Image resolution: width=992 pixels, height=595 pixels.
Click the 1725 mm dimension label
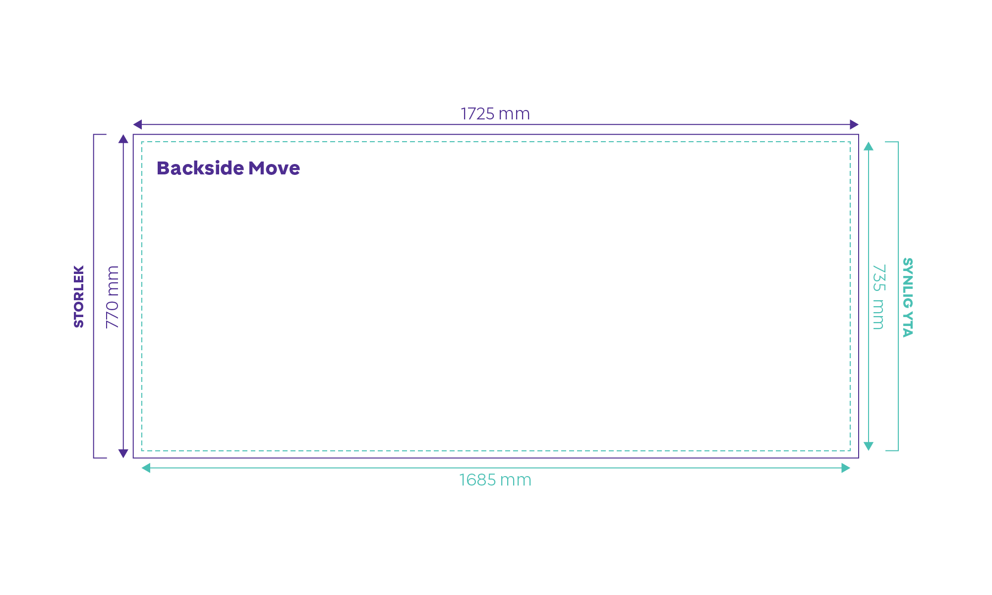click(495, 114)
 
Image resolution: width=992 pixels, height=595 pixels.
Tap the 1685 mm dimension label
click(495, 480)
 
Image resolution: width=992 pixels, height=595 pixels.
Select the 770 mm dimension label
click(113, 297)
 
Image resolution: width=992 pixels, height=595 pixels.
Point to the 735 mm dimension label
click(878, 297)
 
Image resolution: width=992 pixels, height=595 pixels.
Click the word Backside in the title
click(200, 168)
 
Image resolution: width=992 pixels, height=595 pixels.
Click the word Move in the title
click(274, 168)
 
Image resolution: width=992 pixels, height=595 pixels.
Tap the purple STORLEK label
click(79, 297)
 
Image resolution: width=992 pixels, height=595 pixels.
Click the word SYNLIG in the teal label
click(908, 283)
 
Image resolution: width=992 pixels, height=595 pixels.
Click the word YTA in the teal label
click(908, 325)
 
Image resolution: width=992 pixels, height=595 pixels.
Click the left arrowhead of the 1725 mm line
click(137, 124)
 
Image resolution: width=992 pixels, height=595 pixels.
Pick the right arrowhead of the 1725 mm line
click(854, 124)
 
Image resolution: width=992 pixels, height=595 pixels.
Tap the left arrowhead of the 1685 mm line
click(146, 468)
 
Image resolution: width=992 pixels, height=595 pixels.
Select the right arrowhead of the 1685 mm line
click(846, 468)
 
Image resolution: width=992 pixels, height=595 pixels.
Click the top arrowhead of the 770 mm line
click(123, 139)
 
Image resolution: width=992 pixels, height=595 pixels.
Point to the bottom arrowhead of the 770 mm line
click(123, 453)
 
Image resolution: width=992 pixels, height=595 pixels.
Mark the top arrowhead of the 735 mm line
click(869, 146)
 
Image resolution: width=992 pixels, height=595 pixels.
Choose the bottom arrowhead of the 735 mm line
click(869, 446)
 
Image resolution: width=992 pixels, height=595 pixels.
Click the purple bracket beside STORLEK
click(94, 296)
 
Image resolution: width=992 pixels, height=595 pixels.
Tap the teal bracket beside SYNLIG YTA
click(898, 296)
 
